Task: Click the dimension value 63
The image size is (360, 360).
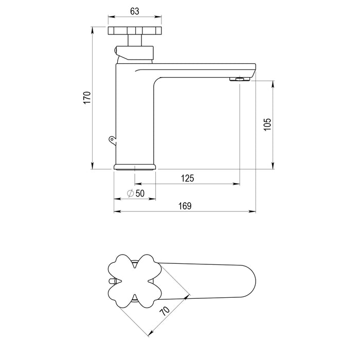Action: (135, 11)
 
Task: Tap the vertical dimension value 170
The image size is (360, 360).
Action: (87, 98)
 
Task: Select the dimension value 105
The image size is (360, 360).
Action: (267, 124)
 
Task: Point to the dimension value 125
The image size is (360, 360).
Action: (187, 178)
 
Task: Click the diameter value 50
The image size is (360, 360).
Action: (140, 193)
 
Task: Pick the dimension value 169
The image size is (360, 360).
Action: (185, 206)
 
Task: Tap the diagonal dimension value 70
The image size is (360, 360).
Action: (165, 311)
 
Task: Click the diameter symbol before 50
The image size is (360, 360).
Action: (131, 193)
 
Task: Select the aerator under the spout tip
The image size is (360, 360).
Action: (240, 79)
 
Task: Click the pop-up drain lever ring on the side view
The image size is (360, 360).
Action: (112, 139)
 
